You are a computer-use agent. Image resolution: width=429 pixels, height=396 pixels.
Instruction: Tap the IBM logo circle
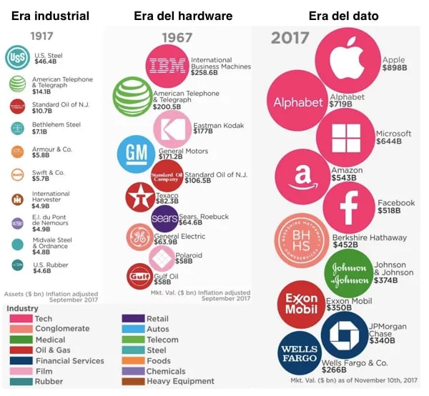pyautogui.click(x=167, y=64)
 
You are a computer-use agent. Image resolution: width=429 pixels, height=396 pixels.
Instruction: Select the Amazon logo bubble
pyautogui.click(x=302, y=177)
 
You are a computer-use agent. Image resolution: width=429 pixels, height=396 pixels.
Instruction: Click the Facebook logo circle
pyautogui.click(x=350, y=208)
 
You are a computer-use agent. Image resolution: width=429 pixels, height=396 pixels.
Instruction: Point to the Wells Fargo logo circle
pyautogui.click(x=300, y=353)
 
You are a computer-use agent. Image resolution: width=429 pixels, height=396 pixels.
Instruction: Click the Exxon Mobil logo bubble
pyautogui.click(x=301, y=304)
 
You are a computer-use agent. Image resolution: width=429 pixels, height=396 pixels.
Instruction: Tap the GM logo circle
pyautogui.click(x=136, y=153)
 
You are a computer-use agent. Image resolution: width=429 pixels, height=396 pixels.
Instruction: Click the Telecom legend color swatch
pyautogui.click(x=132, y=340)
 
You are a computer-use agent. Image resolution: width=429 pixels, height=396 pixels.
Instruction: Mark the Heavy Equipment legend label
pyautogui.click(x=179, y=382)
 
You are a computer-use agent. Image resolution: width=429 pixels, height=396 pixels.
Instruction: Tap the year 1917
pyautogui.click(x=41, y=35)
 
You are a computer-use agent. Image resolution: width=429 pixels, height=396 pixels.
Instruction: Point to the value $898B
pyautogui.click(x=395, y=69)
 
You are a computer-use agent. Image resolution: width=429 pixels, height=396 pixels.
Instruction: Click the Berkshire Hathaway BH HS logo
pyautogui.click(x=302, y=241)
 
